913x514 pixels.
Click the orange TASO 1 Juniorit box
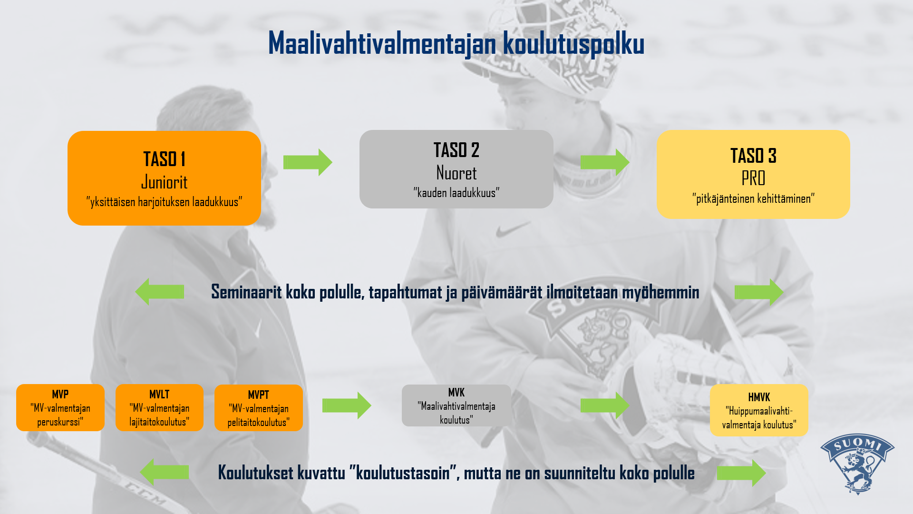click(x=164, y=178)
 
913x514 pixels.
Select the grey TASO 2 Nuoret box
click(x=456, y=169)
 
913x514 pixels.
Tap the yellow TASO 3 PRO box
click(x=753, y=174)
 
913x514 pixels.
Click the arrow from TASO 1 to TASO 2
click(x=308, y=162)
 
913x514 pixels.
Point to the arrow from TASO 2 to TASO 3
click(x=605, y=162)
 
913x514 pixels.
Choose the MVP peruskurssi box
click(x=60, y=407)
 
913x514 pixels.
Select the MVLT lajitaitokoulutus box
click(x=159, y=407)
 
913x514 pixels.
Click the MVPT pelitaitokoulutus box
click(x=259, y=408)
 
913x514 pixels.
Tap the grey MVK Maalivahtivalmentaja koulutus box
click(x=456, y=405)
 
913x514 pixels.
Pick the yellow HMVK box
click(x=759, y=410)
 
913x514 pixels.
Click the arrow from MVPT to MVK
click(x=347, y=405)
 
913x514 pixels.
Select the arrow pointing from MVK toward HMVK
click(x=605, y=405)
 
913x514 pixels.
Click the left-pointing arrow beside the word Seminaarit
click(x=159, y=292)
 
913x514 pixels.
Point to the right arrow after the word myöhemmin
click(x=759, y=292)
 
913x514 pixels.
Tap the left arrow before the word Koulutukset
click(x=164, y=472)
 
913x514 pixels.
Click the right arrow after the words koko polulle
click(x=741, y=473)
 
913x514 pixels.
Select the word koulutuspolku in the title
click(x=573, y=44)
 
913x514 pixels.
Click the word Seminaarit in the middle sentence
click(x=246, y=292)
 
